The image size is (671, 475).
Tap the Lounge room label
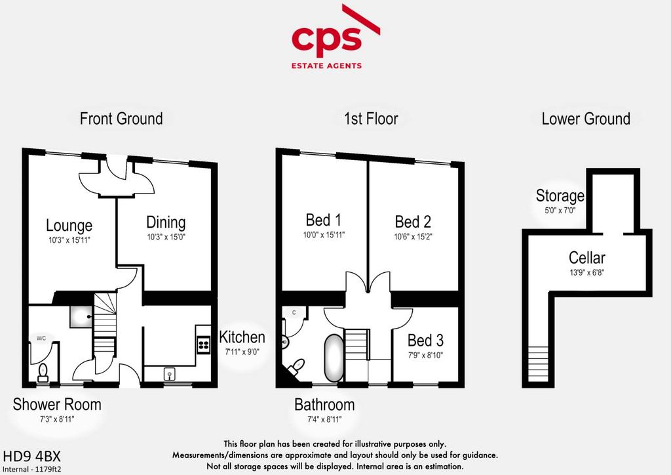tap(69, 225)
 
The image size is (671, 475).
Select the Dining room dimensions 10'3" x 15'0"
tap(166, 237)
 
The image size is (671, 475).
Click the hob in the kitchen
tap(204, 344)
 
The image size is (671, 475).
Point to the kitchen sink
tap(170, 375)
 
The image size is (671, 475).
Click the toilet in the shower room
tap(43, 373)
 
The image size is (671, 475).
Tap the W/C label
tap(41, 339)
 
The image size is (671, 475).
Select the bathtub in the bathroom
tap(334, 358)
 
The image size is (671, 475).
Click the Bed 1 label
tap(324, 220)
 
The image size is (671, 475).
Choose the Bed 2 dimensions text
tap(413, 236)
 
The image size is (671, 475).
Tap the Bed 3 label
tap(425, 341)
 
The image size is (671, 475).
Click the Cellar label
tap(586, 258)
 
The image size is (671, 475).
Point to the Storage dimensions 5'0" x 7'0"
tap(560, 211)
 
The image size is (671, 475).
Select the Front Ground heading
tap(121, 119)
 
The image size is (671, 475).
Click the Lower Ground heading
tap(586, 119)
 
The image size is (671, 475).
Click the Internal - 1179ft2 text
tap(31, 469)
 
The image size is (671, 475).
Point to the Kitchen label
tap(242, 337)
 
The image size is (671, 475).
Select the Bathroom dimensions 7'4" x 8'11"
tap(325, 419)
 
